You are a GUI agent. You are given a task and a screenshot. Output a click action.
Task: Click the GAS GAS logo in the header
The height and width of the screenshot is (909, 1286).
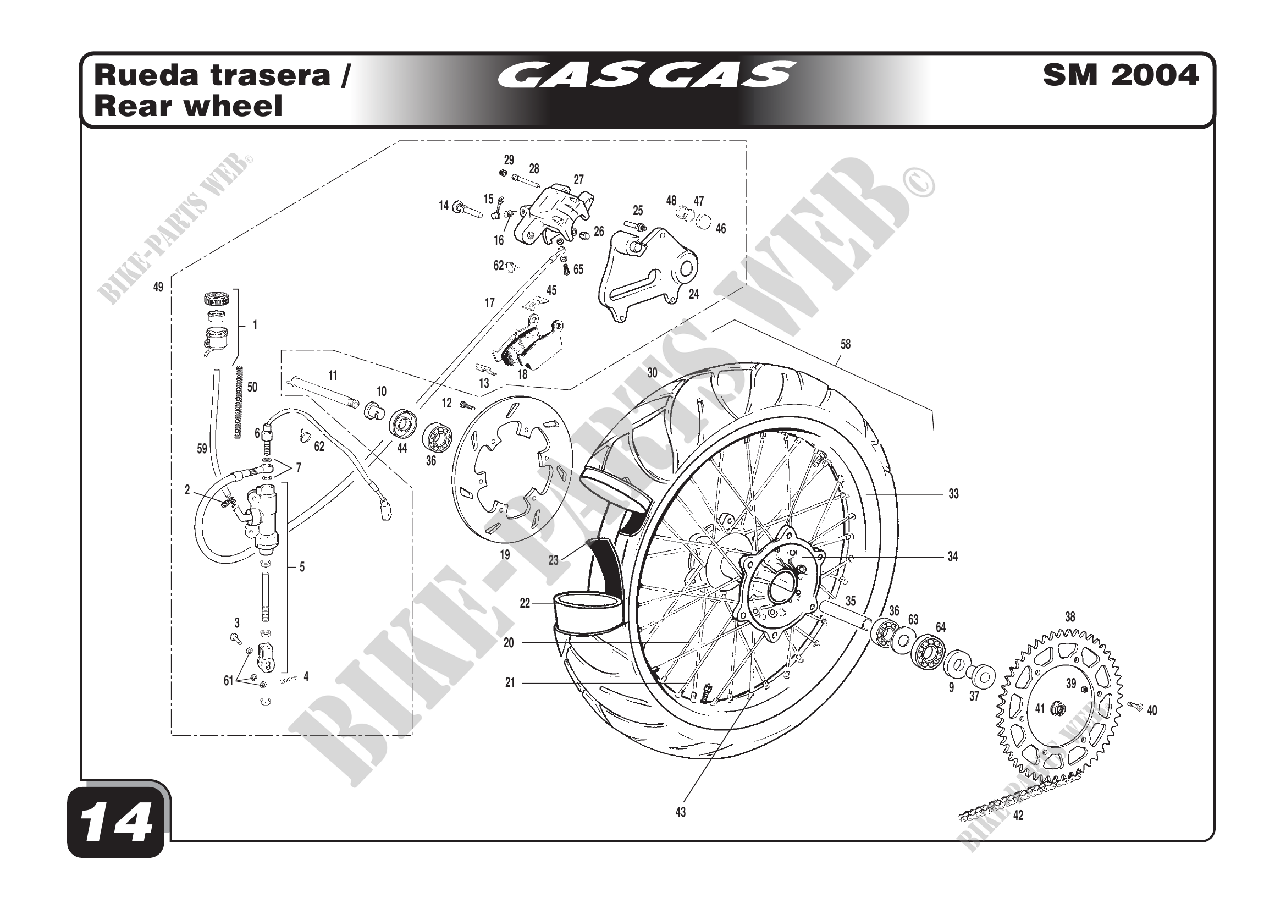(647, 75)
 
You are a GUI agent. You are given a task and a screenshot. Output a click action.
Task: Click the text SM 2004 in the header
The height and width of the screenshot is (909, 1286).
(1120, 75)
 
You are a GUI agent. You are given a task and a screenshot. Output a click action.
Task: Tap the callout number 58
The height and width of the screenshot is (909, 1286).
(845, 344)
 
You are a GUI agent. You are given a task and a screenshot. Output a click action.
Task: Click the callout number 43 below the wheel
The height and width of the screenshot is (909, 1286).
(680, 812)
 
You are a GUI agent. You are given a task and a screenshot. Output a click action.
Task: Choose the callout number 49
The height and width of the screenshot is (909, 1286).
(158, 287)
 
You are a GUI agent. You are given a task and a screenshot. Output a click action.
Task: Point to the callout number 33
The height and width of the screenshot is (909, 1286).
(953, 494)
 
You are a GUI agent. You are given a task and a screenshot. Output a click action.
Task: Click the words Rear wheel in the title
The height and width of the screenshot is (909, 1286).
(188, 106)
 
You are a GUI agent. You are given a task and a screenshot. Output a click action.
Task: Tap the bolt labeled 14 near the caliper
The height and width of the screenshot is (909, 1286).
(467, 210)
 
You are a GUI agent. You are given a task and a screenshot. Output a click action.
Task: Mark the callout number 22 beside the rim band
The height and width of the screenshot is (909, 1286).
(525, 603)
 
